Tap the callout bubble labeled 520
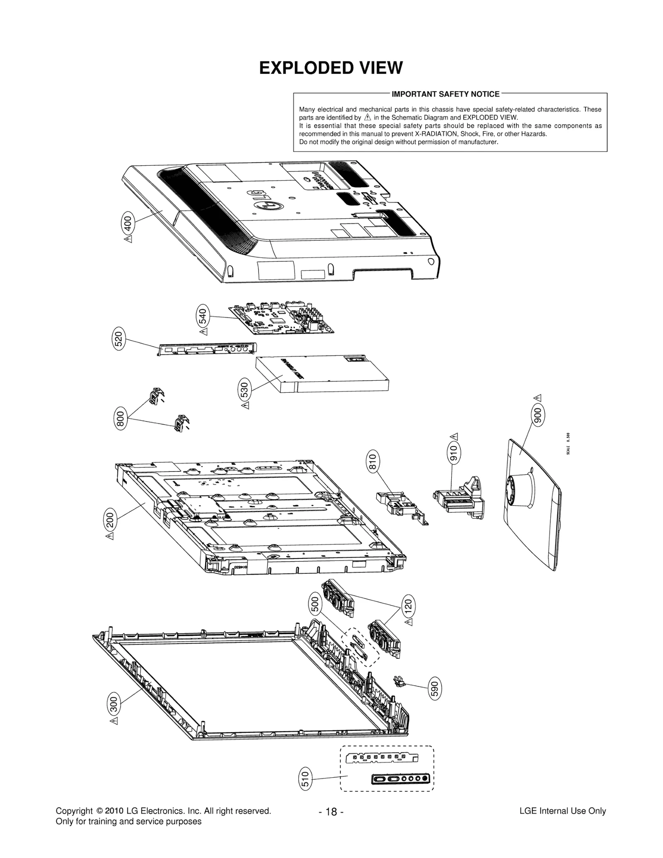pyautogui.click(x=119, y=339)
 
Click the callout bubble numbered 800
pyautogui.click(x=121, y=419)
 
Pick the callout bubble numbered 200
pyautogui.click(x=110, y=520)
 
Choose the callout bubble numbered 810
pyautogui.click(x=372, y=462)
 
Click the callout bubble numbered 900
pyautogui.click(x=538, y=415)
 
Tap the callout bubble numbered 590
pyautogui.click(x=434, y=689)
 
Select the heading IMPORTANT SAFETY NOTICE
pyautogui.click(x=445, y=94)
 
